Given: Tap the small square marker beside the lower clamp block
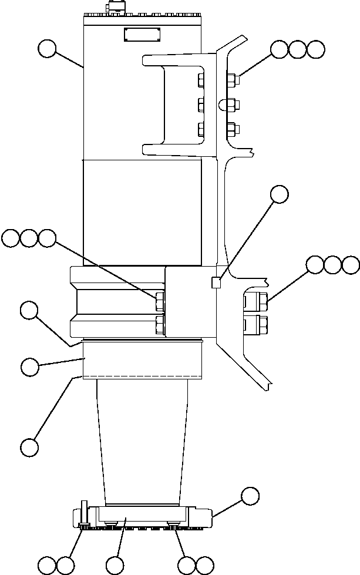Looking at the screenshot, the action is pyautogui.click(x=216, y=283).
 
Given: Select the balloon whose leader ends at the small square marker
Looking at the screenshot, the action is pyautogui.click(x=280, y=195).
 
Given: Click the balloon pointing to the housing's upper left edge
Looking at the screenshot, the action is pyautogui.click(x=47, y=49).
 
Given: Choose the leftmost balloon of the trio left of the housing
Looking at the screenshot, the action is pyautogui.click(x=11, y=238).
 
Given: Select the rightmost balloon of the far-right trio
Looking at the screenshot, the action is pyautogui.click(x=351, y=265).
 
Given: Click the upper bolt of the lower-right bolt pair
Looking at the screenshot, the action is pyautogui.click(x=255, y=302).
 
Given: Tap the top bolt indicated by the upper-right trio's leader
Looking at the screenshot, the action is pyautogui.click(x=231, y=79).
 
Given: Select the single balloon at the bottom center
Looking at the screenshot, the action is pyautogui.click(x=116, y=566).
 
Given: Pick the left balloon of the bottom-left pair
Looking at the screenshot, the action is pyautogui.click(x=47, y=566).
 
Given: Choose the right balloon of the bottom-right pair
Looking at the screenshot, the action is pyautogui.click(x=204, y=566).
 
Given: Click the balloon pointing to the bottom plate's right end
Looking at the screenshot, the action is pyautogui.click(x=250, y=496).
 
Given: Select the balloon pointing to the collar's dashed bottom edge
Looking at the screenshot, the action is pyautogui.click(x=29, y=447).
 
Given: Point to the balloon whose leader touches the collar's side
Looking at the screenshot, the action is pyautogui.click(x=29, y=368).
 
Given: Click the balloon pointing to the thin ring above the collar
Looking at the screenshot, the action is pyautogui.click(x=29, y=310).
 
